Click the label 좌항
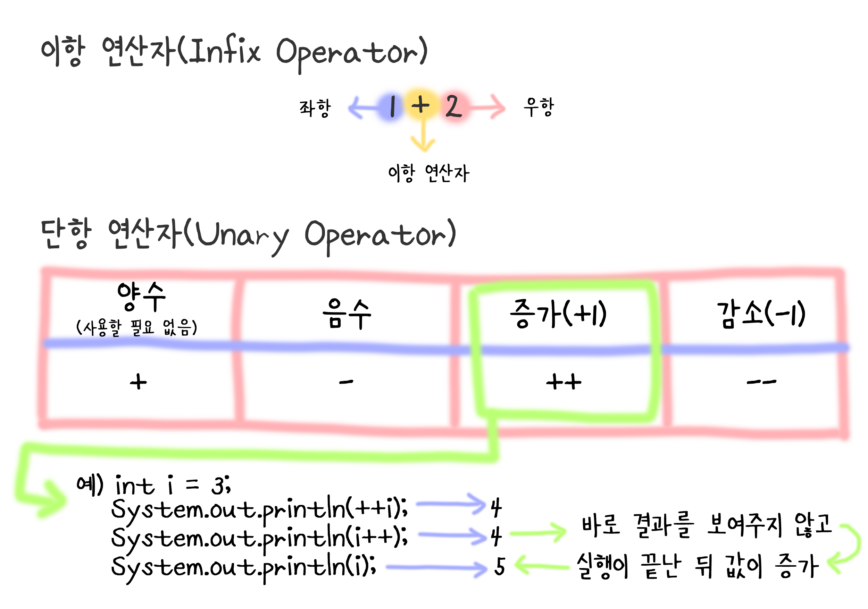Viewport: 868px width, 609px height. point(315,108)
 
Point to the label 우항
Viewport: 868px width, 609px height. point(539,107)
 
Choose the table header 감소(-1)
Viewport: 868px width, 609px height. point(761,314)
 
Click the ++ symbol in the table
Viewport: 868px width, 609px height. point(563,382)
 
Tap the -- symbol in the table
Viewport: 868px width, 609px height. point(761,382)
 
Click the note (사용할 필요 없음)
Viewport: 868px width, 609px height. point(136,327)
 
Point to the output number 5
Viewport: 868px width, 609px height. point(499,566)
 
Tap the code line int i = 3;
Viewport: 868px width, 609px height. point(172,485)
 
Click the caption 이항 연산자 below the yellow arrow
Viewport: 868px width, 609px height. point(428,173)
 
